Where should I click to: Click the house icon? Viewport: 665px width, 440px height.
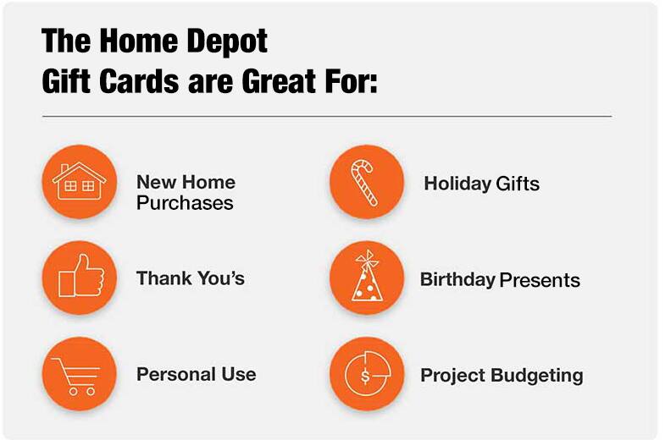(x=80, y=182)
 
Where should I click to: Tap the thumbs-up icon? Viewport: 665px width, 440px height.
(x=80, y=278)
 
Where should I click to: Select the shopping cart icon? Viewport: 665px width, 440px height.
(x=80, y=374)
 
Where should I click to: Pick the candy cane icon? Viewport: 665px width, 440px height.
(x=367, y=182)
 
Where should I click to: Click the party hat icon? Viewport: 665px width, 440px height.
(x=367, y=278)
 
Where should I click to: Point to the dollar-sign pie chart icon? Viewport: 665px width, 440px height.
(x=367, y=374)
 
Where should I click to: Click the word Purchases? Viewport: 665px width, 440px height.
(x=185, y=204)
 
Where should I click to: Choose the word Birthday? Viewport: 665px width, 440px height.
(x=457, y=280)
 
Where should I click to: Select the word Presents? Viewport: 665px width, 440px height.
(x=540, y=280)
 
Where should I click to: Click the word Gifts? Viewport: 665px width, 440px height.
(x=518, y=184)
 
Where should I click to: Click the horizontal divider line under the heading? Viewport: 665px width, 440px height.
(x=326, y=116)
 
